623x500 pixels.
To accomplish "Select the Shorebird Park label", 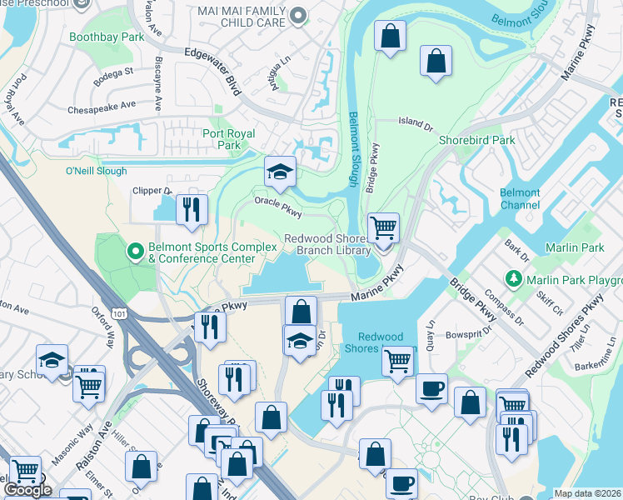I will pyautogui.click(x=477, y=140).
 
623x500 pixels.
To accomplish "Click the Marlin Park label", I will pyautogui.click(x=575, y=247).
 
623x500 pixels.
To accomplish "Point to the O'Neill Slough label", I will pyautogui.click(x=96, y=171).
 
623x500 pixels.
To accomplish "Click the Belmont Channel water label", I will pyautogui.click(x=520, y=198).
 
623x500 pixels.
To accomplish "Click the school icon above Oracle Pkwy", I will pyautogui.click(x=280, y=172).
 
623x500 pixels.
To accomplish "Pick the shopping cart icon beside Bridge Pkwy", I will pyautogui.click(x=383, y=227).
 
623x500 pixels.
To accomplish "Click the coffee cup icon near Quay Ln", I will pyautogui.click(x=431, y=389).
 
